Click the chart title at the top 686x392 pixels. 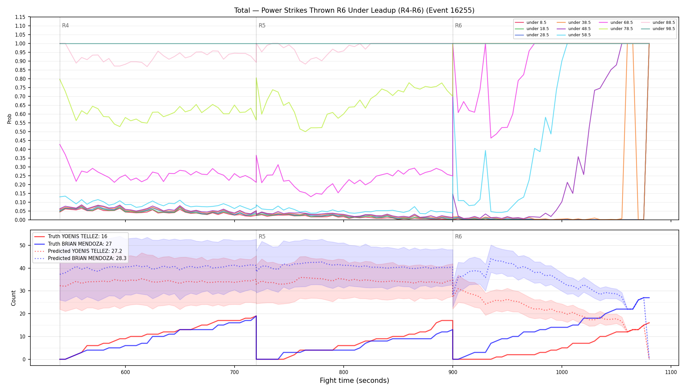[354, 10]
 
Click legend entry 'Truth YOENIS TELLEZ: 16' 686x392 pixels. [71, 237]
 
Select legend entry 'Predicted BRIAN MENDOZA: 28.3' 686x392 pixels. [80, 258]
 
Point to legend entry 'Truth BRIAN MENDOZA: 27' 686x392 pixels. [73, 244]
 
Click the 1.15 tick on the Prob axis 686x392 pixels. [20, 17]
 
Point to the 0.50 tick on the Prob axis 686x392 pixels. [20, 132]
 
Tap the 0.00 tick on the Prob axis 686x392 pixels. [20, 220]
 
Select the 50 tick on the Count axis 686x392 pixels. [23, 245]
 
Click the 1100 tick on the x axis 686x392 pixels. [671, 372]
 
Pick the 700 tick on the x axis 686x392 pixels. [234, 372]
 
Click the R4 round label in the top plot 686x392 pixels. [65, 25]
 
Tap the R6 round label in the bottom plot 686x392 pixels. [458, 237]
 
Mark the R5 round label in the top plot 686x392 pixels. [262, 25]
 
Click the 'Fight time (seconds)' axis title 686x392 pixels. [354, 381]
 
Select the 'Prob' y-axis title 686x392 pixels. [9, 119]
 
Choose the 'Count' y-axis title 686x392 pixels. [13, 298]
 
